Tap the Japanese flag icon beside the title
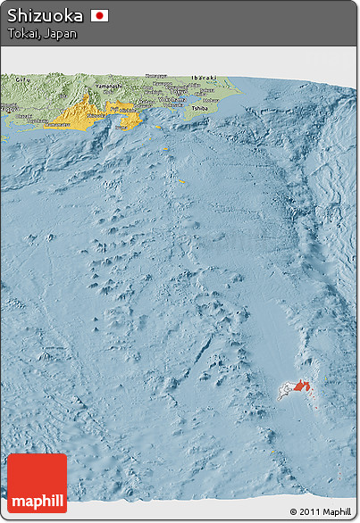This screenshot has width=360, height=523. point(99,16)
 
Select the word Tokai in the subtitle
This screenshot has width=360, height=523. point(23,34)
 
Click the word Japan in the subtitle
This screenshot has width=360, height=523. point(61,34)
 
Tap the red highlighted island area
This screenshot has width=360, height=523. point(300,386)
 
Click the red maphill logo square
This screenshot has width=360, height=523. point(37,483)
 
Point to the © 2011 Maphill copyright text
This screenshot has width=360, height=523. point(321,511)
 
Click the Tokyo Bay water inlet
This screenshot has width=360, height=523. point(175,101)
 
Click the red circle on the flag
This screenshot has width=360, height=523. point(99,16)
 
